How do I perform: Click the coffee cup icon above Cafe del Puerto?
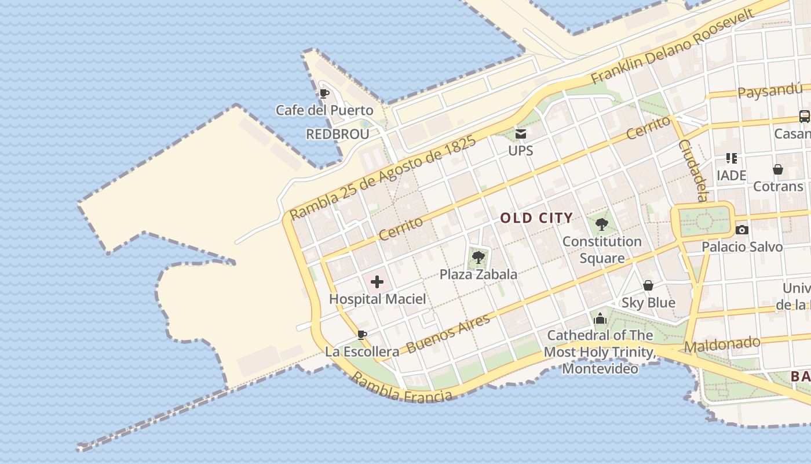coord(324,93)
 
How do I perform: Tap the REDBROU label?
coord(337,135)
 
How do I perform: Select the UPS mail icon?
coord(520,135)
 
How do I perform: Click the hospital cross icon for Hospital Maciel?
coord(377,282)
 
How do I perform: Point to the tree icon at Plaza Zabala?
coord(478,257)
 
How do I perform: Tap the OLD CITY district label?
coord(536,218)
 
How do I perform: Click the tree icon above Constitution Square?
coord(602,223)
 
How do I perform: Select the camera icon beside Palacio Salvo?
coord(741,230)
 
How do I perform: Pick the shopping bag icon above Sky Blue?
coord(648,285)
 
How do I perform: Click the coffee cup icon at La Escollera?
coord(362,335)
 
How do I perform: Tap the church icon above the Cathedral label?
coord(600,318)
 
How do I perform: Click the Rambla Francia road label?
coord(401,387)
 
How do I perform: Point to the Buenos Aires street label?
coord(448,333)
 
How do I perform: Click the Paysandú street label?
coord(770,91)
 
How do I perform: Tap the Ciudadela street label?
coord(693,170)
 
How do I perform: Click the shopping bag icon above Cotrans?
coord(778,169)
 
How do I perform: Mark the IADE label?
coord(731,175)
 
